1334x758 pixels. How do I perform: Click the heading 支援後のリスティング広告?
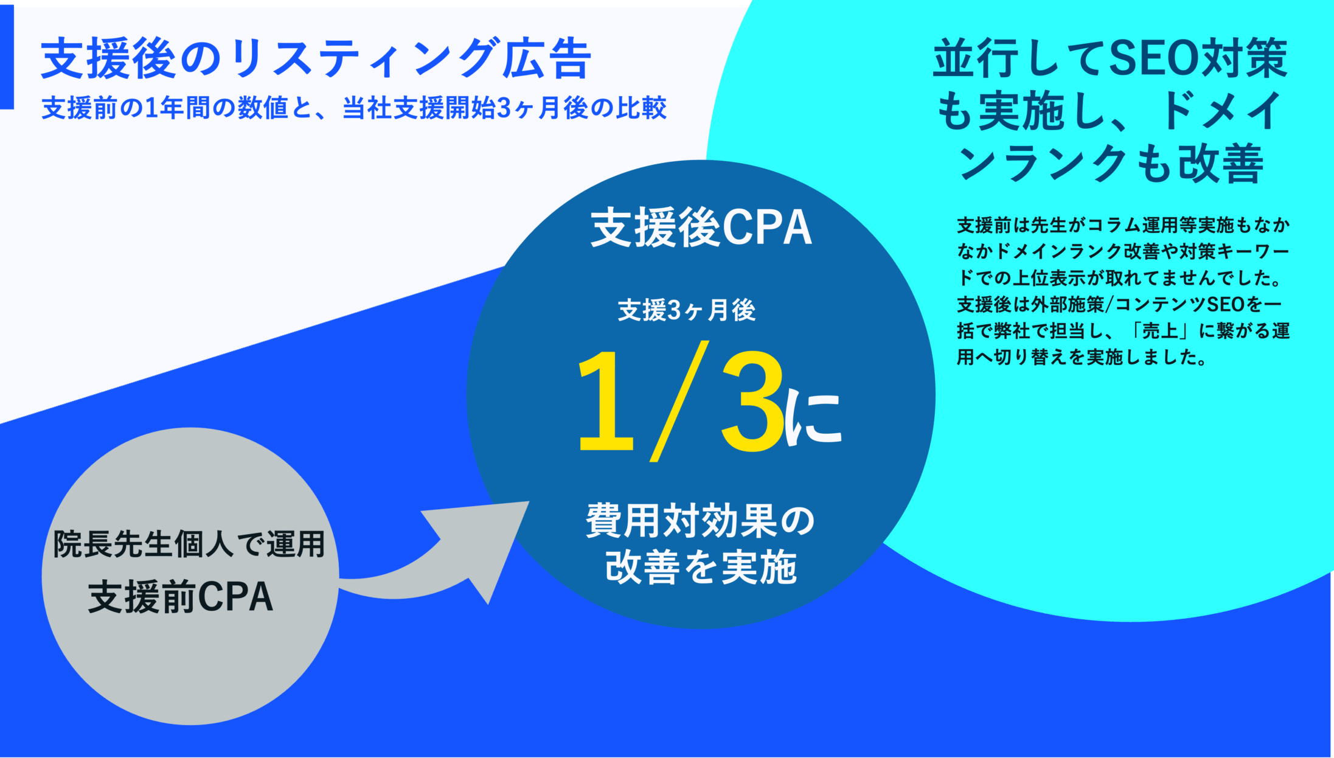[316, 58]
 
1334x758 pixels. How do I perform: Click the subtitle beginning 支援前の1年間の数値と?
[354, 108]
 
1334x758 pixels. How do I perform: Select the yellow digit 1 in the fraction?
[605, 402]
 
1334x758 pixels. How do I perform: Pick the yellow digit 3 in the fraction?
[752, 402]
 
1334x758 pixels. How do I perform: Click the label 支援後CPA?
[701, 228]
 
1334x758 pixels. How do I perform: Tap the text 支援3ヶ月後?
[687, 310]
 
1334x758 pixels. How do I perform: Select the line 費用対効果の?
[700, 521]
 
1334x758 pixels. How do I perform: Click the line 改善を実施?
[701, 567]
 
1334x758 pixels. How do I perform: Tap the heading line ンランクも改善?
[1111, 163]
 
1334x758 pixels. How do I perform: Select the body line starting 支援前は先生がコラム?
[1124, 225]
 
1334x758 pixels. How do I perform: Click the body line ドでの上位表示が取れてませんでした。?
[1120, 278]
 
